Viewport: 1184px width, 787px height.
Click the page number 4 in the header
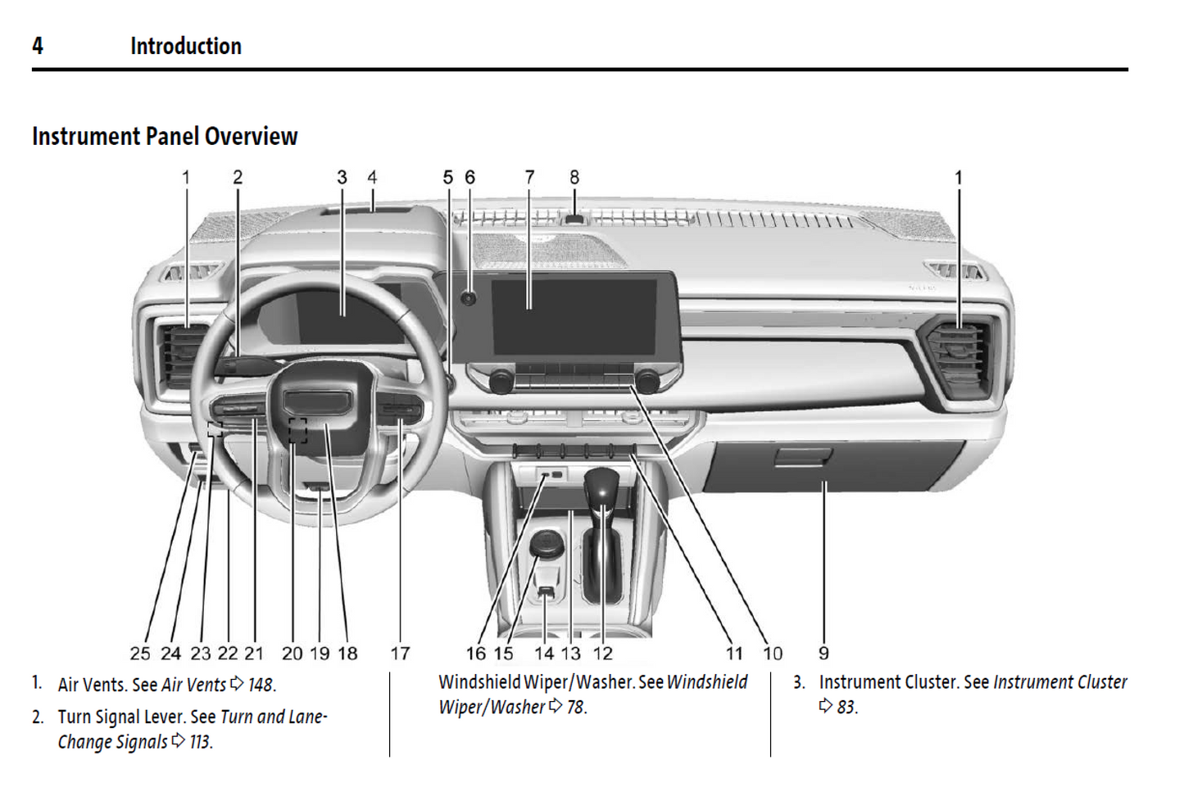pyautogui.click(x=38, y=46)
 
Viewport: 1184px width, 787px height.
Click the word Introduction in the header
pyautogui.click(x=186, y=46)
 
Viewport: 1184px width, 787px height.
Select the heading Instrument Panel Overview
pyautogui.click(x=165, y=136)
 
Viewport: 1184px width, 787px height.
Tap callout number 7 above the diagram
pyautogui.click(x=529, y=178)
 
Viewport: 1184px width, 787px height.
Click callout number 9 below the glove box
pyautogui.click(x=823, y=654)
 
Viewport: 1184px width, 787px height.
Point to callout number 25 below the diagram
pyautogui.click(x=140, y=654)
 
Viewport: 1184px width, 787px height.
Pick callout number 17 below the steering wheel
pyautogui.click(x=400, y=654)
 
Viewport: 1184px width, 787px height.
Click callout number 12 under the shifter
pyautogui.click(x=602, y=654)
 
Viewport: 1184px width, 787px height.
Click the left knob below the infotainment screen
pyautogui.click(x=501, y=381)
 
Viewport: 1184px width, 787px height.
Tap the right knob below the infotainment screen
pyautogui.click(x=646, y=381)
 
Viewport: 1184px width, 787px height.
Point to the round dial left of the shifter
pyautogui.click(x=546, y=543)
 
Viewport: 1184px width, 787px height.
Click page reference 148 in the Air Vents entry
pyautogui.click(x=261, y=685)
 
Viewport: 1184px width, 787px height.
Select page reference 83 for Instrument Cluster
pyautogui.click(x=846, y=707)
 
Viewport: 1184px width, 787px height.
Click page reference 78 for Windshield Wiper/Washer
pyautogui.click(x=576, y=707)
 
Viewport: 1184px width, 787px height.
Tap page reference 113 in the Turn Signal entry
pyautogui.click(x=200, y=742)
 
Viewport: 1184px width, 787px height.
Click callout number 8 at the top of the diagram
pyautogui.click(x=574, y=178)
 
